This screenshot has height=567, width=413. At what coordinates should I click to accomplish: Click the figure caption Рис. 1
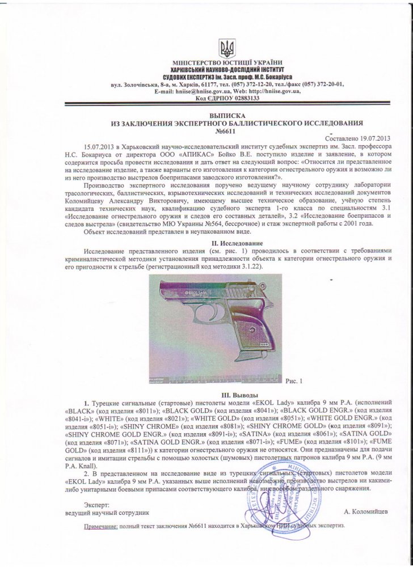click(294, 381)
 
